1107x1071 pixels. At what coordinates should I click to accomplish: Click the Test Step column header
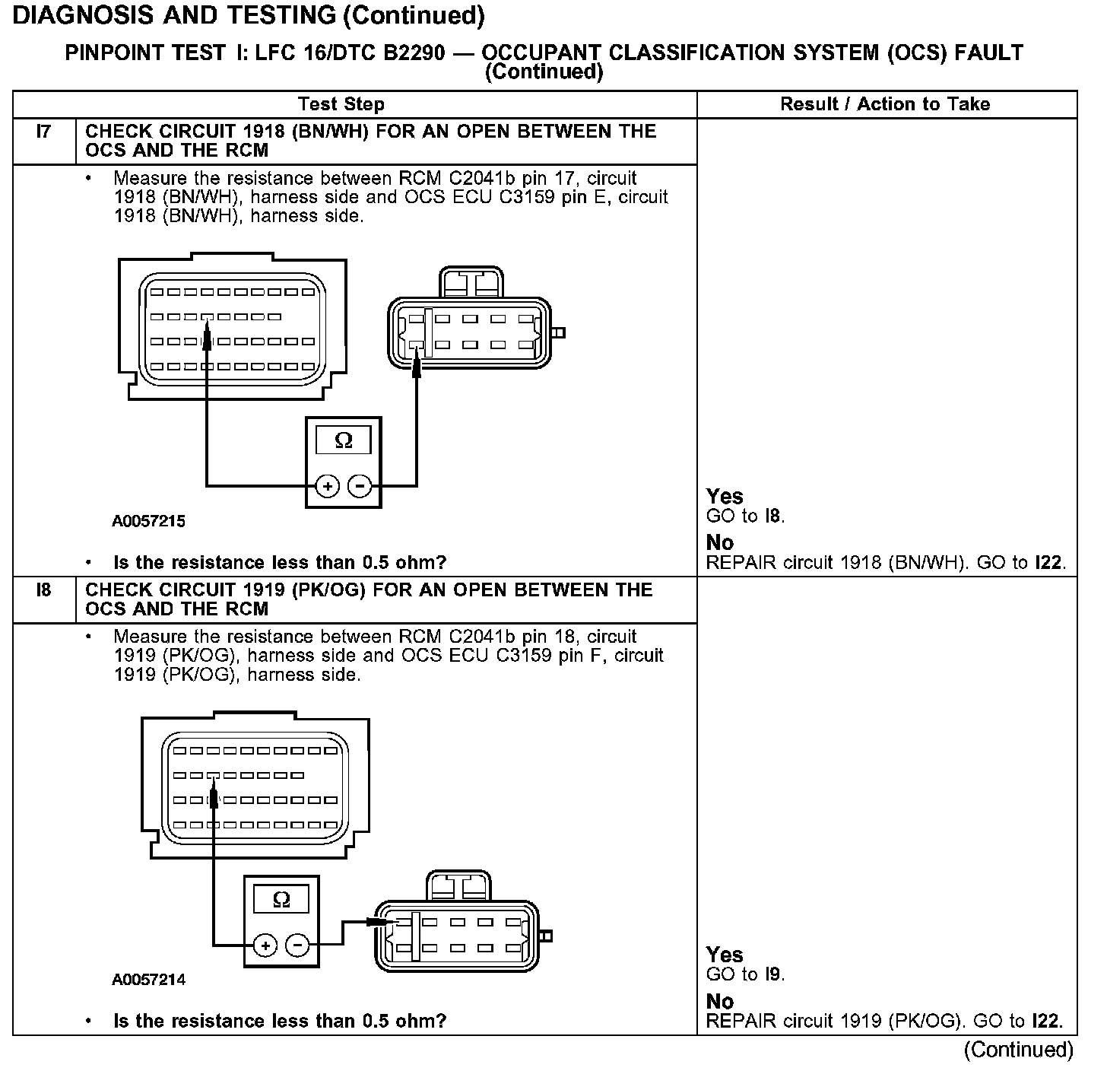pyautogui.click(x=341, y=104)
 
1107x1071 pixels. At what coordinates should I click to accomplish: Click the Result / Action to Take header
pyautogui.click(x=885, y=104)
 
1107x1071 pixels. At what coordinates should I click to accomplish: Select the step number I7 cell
pyautogui.click(x=43, y=132)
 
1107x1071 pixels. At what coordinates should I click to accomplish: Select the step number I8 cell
pyautogui.click(x=43, y=590)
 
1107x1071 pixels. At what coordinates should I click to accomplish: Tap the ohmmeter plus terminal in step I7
pyautogui.click(x=327, y=485)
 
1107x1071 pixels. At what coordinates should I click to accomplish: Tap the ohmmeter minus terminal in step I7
pyautogui.click(x=360, y=485)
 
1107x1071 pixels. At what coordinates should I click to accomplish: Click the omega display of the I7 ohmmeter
pyautogui.click(x=344, y=440)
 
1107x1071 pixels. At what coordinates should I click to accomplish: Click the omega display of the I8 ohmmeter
pyautogui.click(x=281, y=900)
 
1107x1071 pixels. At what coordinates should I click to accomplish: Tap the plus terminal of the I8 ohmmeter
pyautogui.click(x=265, y=945)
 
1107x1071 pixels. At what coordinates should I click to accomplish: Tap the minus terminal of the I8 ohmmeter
pyautogui.click(x=297, y=945)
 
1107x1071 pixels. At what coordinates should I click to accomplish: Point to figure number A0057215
pyautogui.click(x=148, y=522)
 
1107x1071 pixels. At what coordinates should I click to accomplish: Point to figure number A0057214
pyautogui.click(x=148, y=980)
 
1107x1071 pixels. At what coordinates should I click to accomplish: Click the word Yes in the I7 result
pyautogui.click(x=724, y=497)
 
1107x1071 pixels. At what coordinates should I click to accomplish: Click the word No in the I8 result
pyautogui.click(x=719, y=1001)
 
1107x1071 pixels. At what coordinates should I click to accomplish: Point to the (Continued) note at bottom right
pyautogui.click(x=1018, y=1050)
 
